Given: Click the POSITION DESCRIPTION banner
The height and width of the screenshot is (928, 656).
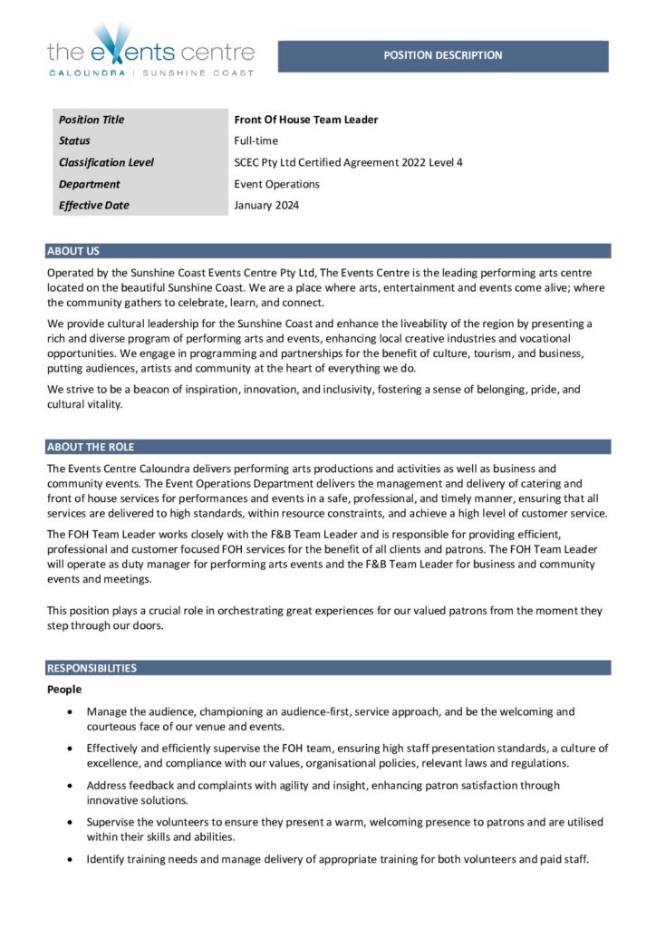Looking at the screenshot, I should click(x=442, y=55).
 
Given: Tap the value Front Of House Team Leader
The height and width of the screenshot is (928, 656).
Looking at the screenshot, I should click(x=305, y=120).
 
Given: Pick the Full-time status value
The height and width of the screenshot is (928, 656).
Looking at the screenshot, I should click(x=256, y=140).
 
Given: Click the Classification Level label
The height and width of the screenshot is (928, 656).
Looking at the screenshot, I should click(x=106, y=162).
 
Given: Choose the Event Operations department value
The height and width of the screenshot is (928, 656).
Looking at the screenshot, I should click(x=276, y=184).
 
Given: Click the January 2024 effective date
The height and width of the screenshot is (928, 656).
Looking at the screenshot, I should click(x=266, y=205).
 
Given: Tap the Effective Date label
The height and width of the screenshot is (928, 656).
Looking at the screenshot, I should click(x=94, y=205).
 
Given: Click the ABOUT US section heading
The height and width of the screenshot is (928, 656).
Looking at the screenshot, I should click(x=73, y=251).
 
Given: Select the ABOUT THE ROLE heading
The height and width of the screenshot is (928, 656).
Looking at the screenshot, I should click(x=91, y=447).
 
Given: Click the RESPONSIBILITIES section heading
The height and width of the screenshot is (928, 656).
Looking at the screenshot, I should click(x=92, y=668).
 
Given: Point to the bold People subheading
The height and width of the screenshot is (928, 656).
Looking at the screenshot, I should click(x=64, y=690).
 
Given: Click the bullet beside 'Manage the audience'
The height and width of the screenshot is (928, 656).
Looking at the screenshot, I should click(x=72, y=713).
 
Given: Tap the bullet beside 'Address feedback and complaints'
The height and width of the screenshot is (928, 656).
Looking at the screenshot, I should click(x=72, y=786).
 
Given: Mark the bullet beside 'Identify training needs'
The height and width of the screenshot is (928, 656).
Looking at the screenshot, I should click(x=72, y=858).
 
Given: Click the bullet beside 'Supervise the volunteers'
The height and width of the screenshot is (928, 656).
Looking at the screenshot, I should click(x=72, y=822).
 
